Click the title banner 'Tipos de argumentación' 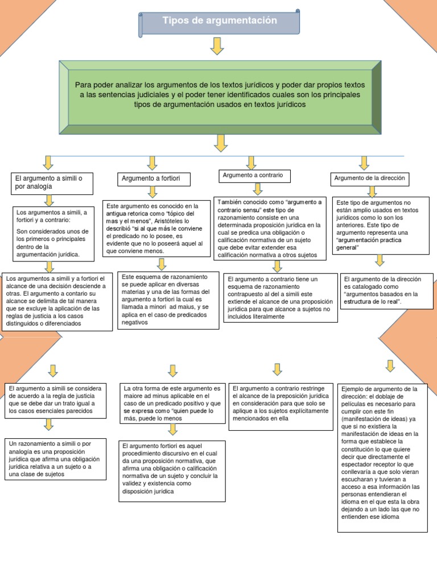click(x=219, y=22)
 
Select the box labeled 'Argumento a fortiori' click(x=154, y=179)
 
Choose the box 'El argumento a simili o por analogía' click(x=51, y=182)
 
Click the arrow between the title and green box click(x=217, y=46)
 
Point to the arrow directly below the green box click(x=220, y=143)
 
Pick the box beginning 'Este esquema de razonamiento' click(x=168, y=300)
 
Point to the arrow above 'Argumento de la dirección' click(x=364, y=163)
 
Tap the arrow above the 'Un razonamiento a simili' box click(x=49, y=425)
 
